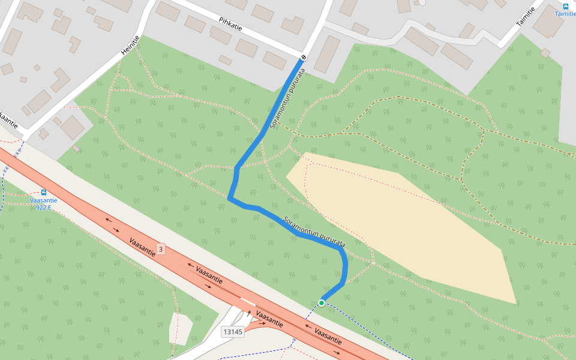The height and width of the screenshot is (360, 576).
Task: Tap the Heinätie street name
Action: point(130,46)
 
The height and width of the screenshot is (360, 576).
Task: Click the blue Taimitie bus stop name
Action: point(565,14)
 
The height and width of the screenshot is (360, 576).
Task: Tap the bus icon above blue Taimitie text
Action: point(565,6)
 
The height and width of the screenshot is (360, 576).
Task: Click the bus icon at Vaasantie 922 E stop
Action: point(44,193)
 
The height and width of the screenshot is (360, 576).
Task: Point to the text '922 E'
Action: point(44,208)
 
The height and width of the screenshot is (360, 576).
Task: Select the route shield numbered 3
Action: point(160,248)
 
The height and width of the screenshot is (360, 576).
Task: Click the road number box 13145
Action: point(232,331)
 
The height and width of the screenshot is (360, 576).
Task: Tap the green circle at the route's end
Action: point(322,303)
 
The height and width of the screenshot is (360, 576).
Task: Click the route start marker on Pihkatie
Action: point(304,58)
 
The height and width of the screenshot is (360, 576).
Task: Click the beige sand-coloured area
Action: point(408,228)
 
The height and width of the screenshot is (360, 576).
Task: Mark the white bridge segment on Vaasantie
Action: point(247,301)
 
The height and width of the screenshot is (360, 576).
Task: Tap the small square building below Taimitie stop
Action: point(545,53)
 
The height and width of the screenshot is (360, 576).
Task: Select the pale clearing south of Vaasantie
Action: point(180,328)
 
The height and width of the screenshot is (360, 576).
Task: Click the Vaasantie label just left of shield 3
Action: point(143,247)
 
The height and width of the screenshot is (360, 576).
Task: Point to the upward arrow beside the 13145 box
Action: point(248,313)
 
